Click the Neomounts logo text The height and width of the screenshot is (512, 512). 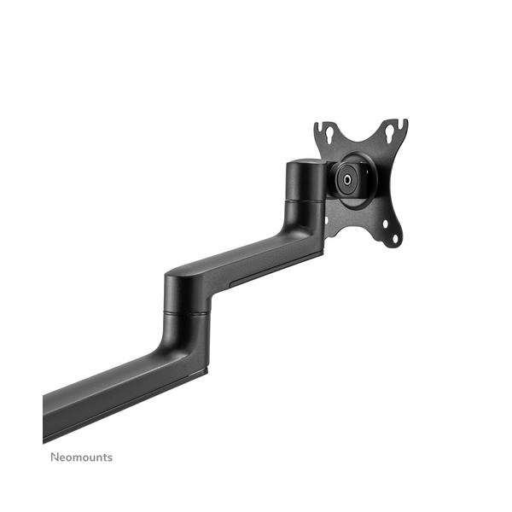[82, 457]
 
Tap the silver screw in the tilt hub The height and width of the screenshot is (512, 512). [346, 180]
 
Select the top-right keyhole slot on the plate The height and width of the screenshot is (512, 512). [390, 131]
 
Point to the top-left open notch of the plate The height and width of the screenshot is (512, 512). [320, 125]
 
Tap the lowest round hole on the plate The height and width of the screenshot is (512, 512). [395, 239]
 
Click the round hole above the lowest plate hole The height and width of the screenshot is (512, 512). [386, 224]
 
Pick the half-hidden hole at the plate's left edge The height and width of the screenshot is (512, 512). [326, 220]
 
